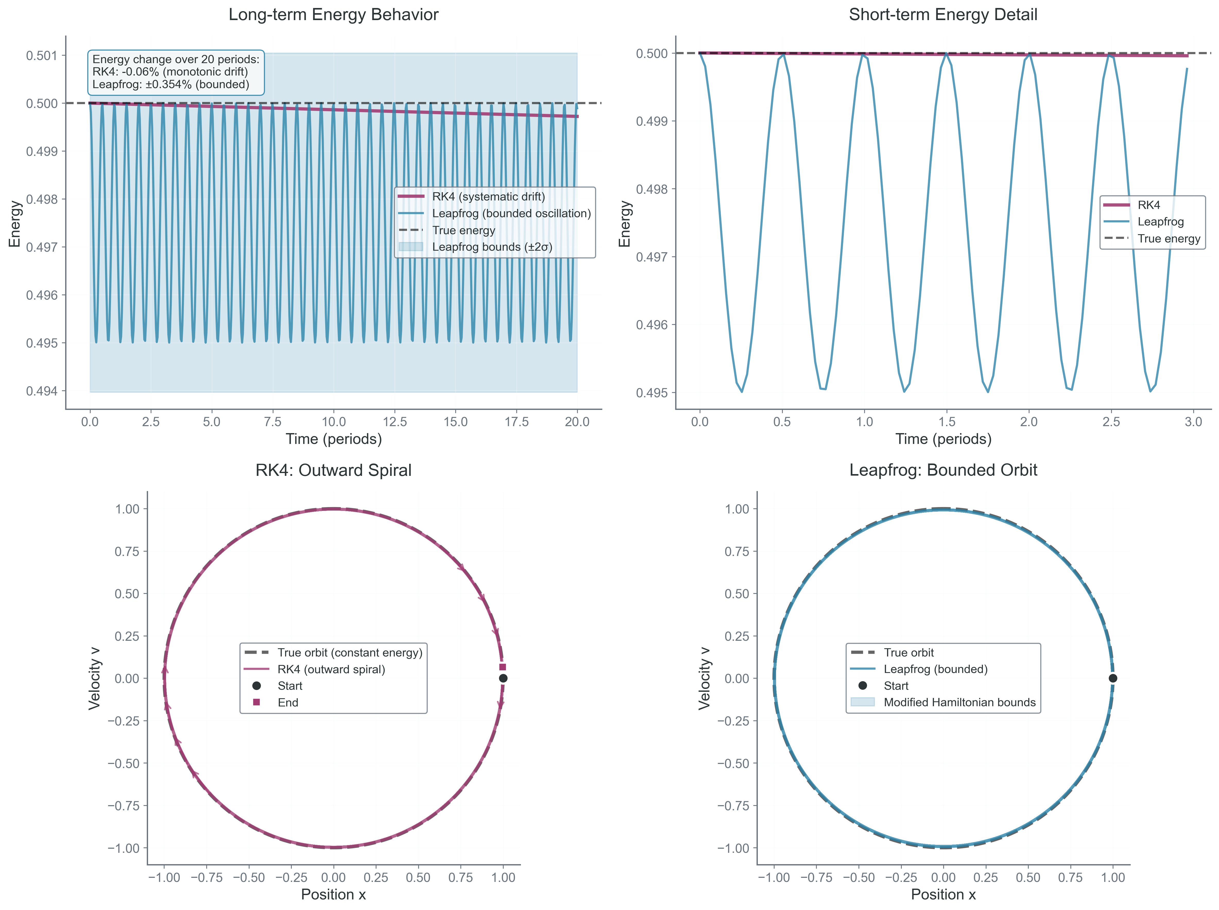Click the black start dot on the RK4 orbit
503,678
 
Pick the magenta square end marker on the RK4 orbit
502,667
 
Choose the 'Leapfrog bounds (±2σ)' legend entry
492,247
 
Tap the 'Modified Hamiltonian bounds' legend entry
959,702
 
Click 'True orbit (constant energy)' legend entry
350,653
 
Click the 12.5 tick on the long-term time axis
395,422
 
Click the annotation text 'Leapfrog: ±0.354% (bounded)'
171,84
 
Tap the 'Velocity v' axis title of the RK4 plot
95,678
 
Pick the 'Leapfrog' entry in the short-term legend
1160,221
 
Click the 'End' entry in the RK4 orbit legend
288,702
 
